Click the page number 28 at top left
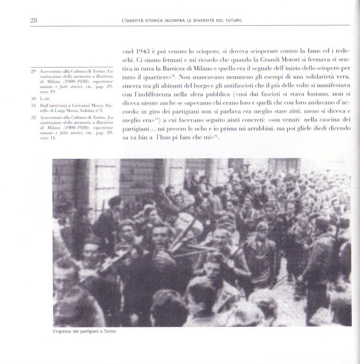tap(33, 20)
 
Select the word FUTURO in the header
tap(231, 20)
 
